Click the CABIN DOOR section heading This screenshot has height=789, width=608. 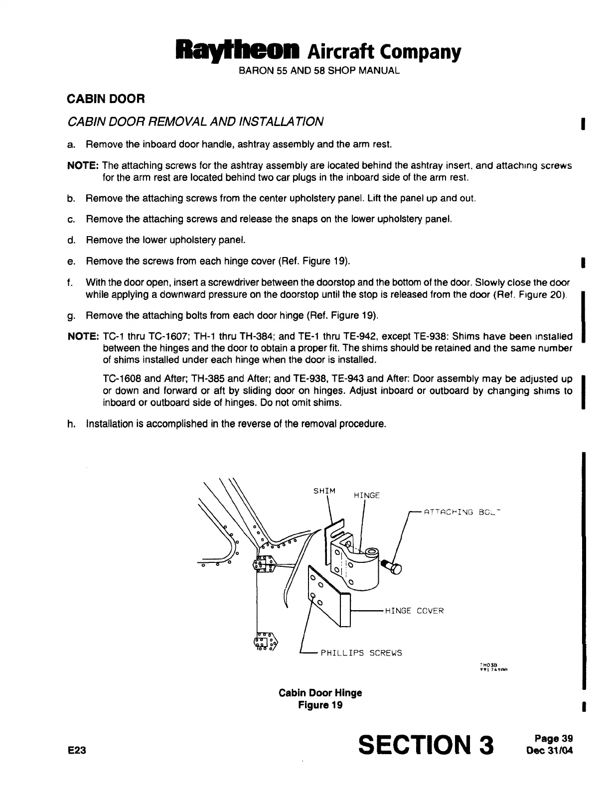tap(106, 99)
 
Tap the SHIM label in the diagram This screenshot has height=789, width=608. tap(324, 491)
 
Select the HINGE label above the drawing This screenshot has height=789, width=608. tap(366, 495)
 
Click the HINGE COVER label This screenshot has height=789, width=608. tap(414, 611)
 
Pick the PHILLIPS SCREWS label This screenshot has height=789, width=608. tap(361, 653)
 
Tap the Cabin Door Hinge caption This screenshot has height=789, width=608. tap(320, 693)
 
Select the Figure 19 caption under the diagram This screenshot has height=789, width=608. tap(320, 705)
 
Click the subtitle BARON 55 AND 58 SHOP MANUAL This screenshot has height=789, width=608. tap(319, 71)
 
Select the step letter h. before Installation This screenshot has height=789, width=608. tap(71, 424)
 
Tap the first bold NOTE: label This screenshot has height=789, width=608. tap(83, 165)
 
